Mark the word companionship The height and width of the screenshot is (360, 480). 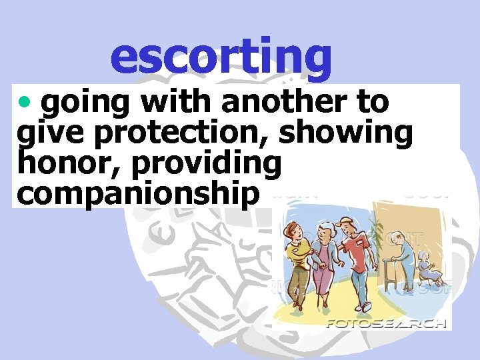point(139,193)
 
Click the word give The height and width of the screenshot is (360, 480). point(53,134)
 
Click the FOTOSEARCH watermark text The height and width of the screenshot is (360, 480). point(385,323)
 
